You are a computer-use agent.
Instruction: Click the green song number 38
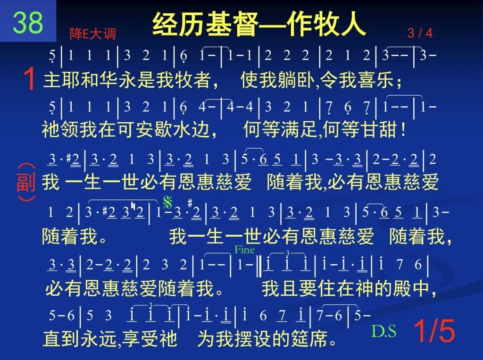click(28, 22)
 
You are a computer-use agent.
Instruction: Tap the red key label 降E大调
click(93, 33)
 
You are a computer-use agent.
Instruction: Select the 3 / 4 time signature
click(420, 33)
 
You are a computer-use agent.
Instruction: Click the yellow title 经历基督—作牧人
click(259, 24)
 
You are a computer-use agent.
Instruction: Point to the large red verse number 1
click(30, 79)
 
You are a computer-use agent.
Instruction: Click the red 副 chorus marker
click(26, 182)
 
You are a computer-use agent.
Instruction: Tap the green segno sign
click(168, 202)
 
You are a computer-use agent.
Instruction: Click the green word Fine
click(245, 249)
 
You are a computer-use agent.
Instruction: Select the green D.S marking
click(384, 331)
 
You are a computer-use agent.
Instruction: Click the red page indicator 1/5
click(434, 331)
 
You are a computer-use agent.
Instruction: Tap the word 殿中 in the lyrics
click(411, 288)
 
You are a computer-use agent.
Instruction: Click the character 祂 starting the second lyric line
click(51, 129)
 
